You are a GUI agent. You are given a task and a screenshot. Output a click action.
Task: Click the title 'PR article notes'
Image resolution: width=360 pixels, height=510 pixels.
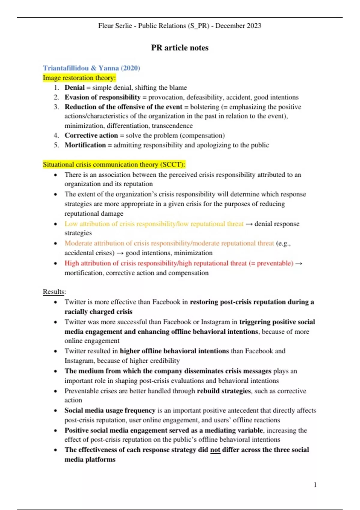(180, 48)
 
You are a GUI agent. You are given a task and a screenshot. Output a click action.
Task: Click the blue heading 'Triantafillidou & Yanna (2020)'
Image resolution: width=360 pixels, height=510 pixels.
(91, 68)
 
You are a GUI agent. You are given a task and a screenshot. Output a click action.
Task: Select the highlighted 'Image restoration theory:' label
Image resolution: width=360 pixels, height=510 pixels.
(79, 78)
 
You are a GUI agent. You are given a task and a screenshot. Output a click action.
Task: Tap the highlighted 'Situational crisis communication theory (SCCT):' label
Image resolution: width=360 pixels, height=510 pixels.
(114, 164)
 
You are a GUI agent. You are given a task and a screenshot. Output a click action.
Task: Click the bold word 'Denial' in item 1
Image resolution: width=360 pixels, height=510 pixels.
(74, 88)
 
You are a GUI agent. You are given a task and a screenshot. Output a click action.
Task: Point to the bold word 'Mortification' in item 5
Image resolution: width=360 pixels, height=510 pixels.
(85, 145)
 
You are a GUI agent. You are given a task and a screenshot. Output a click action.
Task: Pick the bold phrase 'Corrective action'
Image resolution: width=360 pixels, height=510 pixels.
(91, 135)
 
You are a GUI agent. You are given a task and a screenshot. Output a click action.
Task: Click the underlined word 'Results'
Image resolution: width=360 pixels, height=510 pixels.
(54, 292)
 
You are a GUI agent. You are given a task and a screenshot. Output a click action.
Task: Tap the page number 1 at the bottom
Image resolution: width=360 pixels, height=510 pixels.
(315, 485)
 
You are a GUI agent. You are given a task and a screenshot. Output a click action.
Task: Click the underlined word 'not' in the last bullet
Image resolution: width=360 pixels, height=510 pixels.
(215, 450)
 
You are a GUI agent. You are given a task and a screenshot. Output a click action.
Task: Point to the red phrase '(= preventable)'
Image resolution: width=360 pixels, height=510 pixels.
(271, 263)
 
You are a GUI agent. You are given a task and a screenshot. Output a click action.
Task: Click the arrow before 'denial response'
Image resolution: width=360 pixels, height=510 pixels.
(249, 224)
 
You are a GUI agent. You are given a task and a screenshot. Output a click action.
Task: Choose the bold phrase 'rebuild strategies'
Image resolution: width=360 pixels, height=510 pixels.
(224, 391)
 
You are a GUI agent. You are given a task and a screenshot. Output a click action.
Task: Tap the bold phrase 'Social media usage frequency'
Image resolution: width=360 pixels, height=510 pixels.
(110, 410)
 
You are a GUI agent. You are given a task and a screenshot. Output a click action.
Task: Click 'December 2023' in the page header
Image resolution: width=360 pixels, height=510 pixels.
(238, 26)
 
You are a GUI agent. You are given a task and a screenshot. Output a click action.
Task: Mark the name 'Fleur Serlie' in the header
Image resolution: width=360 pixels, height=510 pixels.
(115, 26)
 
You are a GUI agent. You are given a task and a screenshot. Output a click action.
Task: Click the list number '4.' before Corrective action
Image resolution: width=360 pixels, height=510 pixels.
(56, 135)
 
